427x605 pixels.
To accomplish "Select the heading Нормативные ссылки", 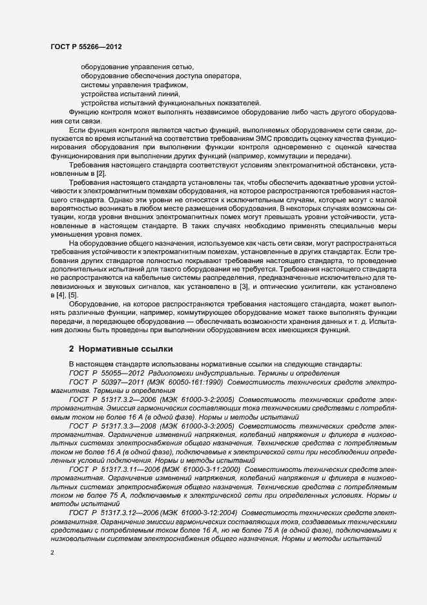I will [x=121, y=348].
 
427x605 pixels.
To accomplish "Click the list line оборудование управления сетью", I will [x=137, y=67].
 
